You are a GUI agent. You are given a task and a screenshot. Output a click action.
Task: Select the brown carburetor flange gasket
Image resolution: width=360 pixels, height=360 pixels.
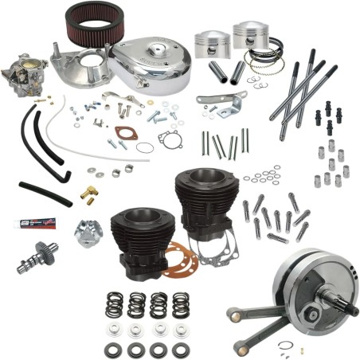(126, 134)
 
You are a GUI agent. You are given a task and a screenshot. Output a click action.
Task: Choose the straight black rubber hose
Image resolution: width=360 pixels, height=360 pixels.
(44, 193)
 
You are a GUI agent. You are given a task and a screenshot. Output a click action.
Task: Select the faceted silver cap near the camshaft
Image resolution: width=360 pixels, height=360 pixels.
(90, 233)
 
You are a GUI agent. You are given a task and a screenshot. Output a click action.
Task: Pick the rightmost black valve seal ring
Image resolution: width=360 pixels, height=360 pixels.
(180, 350)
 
